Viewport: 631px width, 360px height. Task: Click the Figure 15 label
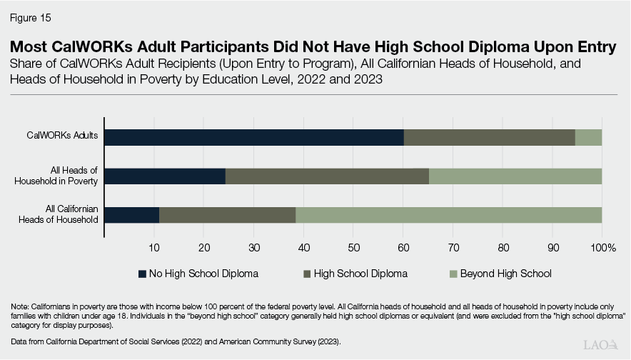31,16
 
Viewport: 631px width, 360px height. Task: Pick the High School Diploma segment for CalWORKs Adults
489,137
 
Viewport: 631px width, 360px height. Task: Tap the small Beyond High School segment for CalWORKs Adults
588,137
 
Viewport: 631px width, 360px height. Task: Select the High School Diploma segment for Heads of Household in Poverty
327,176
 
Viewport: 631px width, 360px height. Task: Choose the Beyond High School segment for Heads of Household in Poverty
515,176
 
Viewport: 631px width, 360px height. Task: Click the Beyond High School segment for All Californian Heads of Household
448,214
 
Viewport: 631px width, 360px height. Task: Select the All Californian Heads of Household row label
59,214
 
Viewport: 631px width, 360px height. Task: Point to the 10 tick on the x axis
153,247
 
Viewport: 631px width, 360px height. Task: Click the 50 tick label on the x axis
353,247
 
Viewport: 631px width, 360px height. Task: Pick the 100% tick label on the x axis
602,247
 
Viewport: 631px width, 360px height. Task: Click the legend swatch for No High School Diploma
142,274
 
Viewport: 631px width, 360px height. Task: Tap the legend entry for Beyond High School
499,274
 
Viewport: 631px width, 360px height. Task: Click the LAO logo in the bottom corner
602,344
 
